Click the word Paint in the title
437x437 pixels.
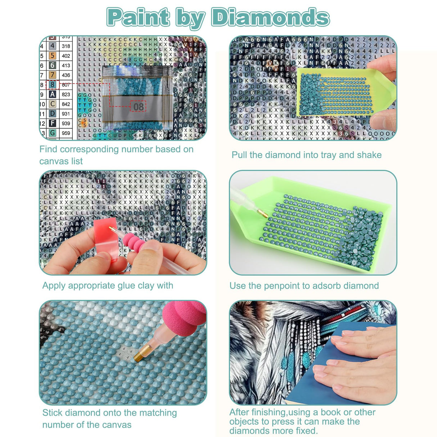[x=139, y=17]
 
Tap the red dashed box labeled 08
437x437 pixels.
[x=138, y=106]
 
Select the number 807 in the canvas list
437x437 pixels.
[x=66, y=85]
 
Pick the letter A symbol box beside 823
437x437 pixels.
[x=53, y=94]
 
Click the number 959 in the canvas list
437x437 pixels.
[x=66, y=133]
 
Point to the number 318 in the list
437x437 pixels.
[x=66, y=46]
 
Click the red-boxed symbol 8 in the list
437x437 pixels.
[x=53, y=85]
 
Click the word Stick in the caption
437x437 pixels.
[x=53, y=413]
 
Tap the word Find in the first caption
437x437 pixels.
[x=49, y=149]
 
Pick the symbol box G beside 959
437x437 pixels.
[x=53, y=133]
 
